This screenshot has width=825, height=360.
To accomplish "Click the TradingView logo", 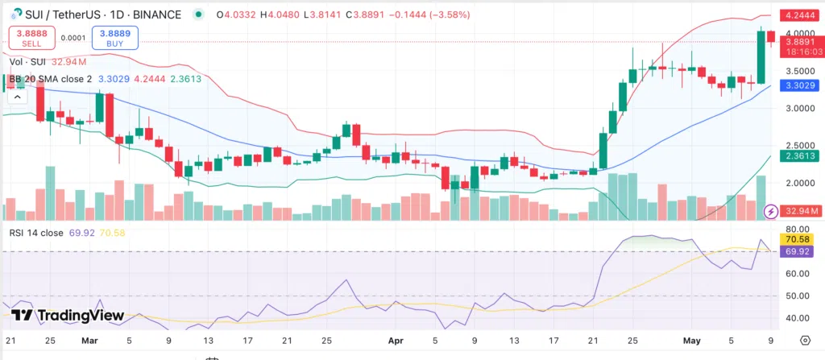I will [x=68, y=316].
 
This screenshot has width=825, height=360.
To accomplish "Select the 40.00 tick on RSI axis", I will [x=793, y=318].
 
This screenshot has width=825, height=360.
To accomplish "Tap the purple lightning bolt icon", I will [x=770, y=211].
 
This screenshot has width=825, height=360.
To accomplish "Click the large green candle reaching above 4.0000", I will [x=761, y=56].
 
